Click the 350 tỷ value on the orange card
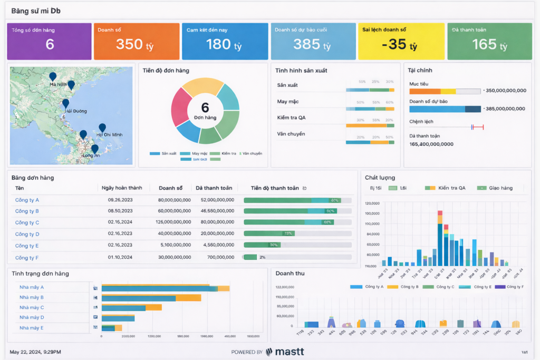pyautogui.click(x=134, y=45)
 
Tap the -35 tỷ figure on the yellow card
pyautogui.click(x=399, y=45)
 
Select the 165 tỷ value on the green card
pyautogui.click(x=489, y=45)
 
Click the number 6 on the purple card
pyautogui.click(x=50, y=45)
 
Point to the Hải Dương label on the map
pyautogui.click(x=75, y=111)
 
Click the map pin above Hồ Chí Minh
pyautogui.click(x=102, y=128)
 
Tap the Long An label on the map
pyautogui.click(x=91, y=155)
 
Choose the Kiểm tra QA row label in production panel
pyautogui.click(x=291, y=118)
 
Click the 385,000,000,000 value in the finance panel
pyautogui.click(x=505, y=109)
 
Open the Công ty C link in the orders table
pyautogui.click(x=27, y=222)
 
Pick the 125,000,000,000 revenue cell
pyautogui.click(x=175, y=222)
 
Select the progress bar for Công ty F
pyautogui.click(x=297, y=257)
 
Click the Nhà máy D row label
pyautogui.click(x=32, y=317)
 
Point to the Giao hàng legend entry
pyautogui.click(x=501, y=188)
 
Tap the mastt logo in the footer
pyautogui.click(x=285, y=352)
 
